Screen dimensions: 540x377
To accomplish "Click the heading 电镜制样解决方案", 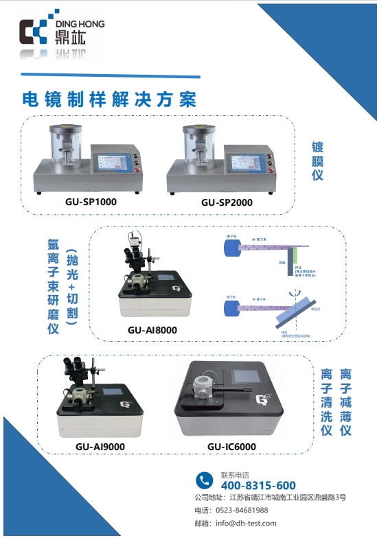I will [x=109, y=98].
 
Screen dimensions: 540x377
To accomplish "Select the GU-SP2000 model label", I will [x=227, y=202].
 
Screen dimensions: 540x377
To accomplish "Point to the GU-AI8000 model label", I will [x=152, y=329].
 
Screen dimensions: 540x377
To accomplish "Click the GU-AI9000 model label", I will [x=100, y=447].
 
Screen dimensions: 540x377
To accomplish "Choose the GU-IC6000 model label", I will [x=231, y=447].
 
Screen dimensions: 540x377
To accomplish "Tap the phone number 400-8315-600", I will [x=258, y=485].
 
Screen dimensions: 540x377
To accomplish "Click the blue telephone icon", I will [x=204, y=480].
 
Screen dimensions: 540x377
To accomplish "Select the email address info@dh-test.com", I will [x=246, y=523].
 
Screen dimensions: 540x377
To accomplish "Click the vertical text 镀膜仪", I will [x=317, y=161].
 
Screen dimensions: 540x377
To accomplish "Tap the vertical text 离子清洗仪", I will [x=327, y=402].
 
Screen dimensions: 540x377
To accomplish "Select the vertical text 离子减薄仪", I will [x=346, y=402].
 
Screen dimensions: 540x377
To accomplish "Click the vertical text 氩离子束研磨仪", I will [x=53, y=285].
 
